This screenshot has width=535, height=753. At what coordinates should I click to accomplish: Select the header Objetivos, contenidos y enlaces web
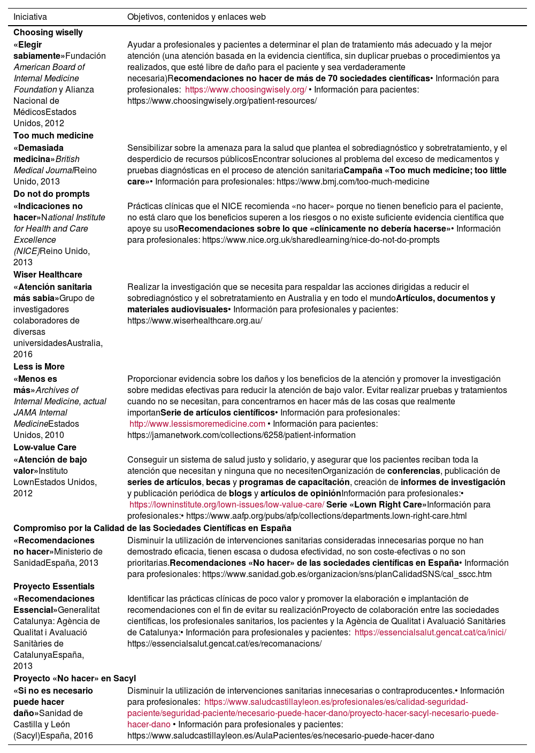(196, 17)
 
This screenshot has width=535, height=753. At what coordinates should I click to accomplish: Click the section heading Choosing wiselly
(48, 33)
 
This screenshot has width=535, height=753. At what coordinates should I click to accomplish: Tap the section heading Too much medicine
(53, 136)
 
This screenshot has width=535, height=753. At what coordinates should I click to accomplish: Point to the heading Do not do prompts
(51, 194)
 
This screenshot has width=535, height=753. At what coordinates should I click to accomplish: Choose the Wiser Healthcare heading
(48, 275)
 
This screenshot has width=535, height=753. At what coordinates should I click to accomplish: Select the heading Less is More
(39, 367)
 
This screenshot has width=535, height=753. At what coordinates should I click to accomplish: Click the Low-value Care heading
(45, 448)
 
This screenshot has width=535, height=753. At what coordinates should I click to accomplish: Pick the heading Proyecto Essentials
(54, 587)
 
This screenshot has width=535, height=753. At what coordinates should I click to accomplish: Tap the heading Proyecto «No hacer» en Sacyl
(75, 679)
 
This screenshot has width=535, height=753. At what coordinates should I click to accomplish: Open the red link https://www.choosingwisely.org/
(246, 90)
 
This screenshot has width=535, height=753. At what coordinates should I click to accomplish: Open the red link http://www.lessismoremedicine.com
(197, 424)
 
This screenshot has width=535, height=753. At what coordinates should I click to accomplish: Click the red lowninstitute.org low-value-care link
(227, 505)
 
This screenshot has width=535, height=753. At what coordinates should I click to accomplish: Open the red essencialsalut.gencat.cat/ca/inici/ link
(430, 633)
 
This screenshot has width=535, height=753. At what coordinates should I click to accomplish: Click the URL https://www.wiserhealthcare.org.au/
(195, 321)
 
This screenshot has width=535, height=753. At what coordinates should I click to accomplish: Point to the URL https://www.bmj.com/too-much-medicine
(353, 182)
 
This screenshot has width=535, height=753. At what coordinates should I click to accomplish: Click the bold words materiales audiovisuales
(177, 310)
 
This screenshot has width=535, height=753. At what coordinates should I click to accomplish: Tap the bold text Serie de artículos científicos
(217, 413)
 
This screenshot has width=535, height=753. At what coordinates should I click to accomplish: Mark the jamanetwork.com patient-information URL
(241, 435)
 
